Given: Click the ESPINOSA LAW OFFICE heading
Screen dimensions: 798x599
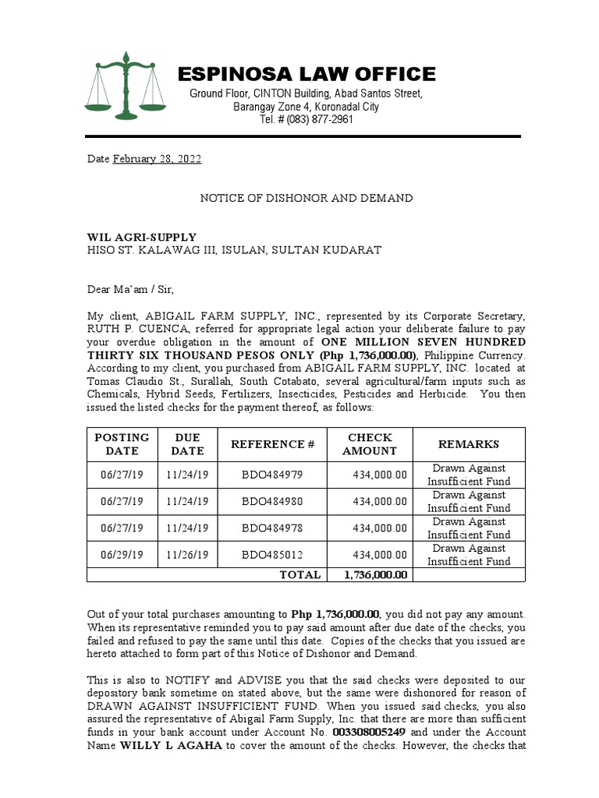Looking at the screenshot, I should click(x=307, y=74).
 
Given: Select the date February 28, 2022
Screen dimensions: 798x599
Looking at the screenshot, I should click(x=157, y=159).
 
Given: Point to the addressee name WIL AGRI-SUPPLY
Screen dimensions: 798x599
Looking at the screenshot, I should click(x=141, y=237).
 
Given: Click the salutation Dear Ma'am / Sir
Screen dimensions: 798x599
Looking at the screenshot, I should click(x=131, y=290).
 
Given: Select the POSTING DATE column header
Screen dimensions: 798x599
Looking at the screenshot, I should click(x=122, y=444).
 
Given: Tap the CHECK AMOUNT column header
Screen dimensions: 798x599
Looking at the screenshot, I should click(x=370, y=444).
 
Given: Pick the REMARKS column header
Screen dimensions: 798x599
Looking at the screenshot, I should click(x=468, y=444).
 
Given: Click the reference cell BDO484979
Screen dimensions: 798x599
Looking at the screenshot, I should click(x=272, y=475).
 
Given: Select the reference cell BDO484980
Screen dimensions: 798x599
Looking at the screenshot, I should click(x=272, y=501).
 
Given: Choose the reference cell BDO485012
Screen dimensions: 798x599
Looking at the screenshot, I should click(x=272, y=554).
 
